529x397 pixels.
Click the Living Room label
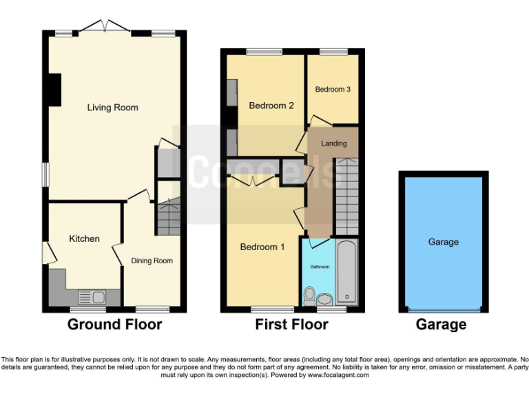point(112,108)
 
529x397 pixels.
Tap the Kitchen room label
point(84,238)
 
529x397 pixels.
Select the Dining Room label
point(152,261)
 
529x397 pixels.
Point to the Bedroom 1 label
point(262,247)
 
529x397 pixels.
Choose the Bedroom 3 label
point(333,90)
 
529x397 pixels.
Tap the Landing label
point(334,143)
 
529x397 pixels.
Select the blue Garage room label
point(443,242)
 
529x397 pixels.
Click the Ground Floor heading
point(114,325)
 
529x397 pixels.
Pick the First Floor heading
point(291,325)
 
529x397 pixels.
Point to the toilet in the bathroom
point(310,296)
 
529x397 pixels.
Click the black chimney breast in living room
point(53,90)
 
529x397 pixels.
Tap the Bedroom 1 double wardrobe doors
point(251,181)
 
